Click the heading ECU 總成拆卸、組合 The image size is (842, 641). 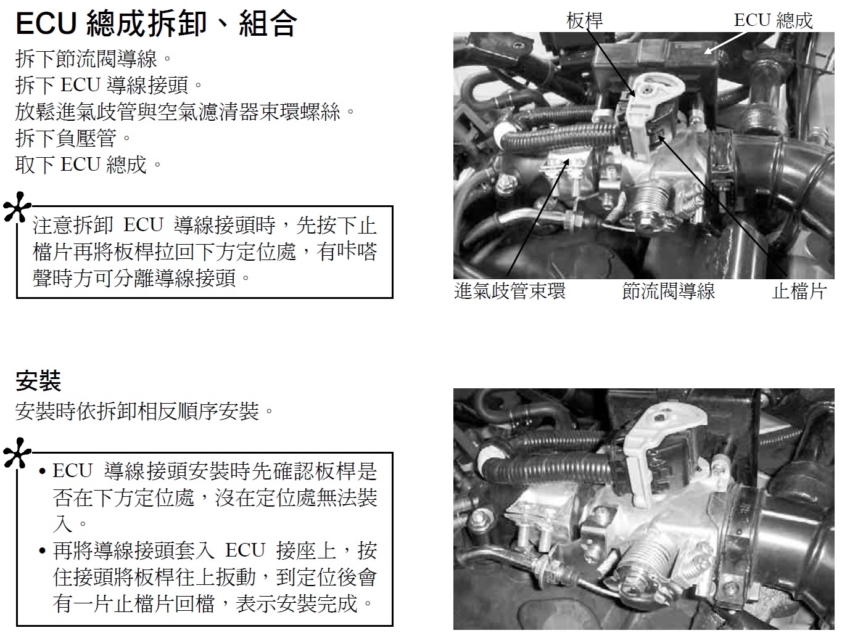click(x=156, y=23)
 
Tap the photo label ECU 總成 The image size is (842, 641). click(x=773, y=20)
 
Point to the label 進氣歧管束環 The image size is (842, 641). click(x=510, y=291)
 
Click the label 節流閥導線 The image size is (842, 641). click(x=668, y=291)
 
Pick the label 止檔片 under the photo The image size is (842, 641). click(x=799, y=291)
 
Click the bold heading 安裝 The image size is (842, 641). click(x=38, y=381)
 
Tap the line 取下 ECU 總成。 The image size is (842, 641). click(x=89, y=165)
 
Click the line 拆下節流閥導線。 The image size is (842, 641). click(x=94, y=59)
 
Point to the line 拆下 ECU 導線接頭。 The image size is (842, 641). click(x=109, y=85)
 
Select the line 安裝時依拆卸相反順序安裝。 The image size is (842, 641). click(x=145, y=411)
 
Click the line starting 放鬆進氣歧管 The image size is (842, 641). click(x=186, y=112)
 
